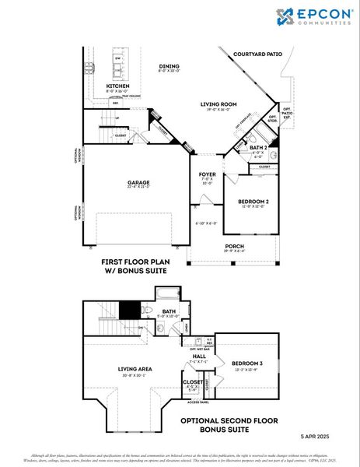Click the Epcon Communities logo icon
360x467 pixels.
coord(283,16)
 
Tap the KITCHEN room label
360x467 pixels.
coord(117,86)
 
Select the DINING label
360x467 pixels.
coord(169,66)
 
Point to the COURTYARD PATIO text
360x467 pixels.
coord(257,54)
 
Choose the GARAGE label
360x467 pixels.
coord(138,184)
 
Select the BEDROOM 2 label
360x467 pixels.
coord(253,202)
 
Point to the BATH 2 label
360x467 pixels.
coord(259,146)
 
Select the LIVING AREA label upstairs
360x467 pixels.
coord(135,369)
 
